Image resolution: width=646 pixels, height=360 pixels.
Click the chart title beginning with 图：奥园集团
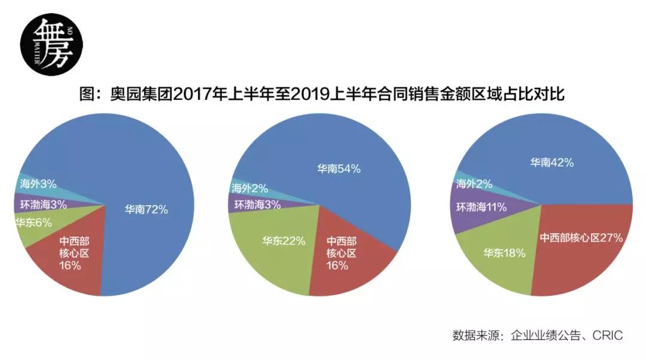[322, 94]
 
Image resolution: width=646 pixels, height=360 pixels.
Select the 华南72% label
[146, 209]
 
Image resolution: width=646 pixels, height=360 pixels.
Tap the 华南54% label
[339, 169]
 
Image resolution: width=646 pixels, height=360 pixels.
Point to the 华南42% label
[551, 162]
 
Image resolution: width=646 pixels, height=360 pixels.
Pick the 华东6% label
[33, 223]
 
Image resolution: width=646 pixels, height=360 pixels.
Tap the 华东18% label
[504, 253]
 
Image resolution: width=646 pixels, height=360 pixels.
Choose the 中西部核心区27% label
[581, 237]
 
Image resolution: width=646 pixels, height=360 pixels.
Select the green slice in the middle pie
[269, 263]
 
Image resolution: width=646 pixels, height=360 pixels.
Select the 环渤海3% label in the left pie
[42, 203]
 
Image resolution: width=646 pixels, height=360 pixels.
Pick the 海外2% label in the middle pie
[249, 187]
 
